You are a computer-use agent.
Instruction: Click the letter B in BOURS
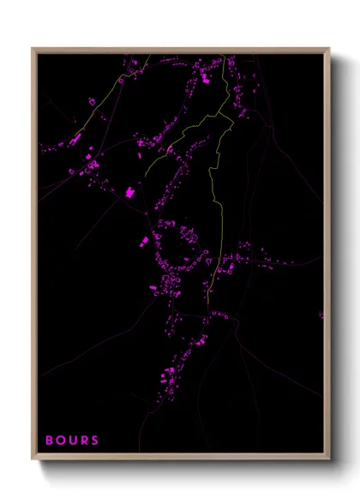coord(50,441)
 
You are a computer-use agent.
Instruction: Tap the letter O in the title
coord(60,441)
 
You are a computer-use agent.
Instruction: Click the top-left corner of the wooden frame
coord(33,48)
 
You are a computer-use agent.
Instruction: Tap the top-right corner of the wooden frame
coord(329,48)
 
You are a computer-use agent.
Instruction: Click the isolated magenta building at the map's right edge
coord(321,315)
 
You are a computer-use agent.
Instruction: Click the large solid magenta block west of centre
coord(130,193)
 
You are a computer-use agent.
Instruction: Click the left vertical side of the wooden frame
coord(34,257)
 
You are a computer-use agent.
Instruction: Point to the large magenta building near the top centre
coord(205,79)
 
